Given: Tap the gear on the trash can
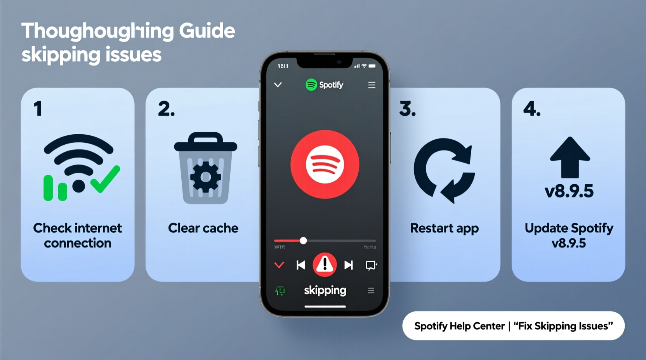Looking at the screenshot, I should pyautogui.click(x=205, y=177).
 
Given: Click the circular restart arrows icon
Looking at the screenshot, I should pyautogui.click(x=444, y=170).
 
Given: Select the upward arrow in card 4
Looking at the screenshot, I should pyautogui.click(x=570, y=157).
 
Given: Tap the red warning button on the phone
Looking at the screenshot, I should pyautogui.click(x=325, y=265).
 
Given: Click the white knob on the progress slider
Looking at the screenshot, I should pyautogui.click(x=303, y=241).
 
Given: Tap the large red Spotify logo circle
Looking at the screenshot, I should pyautogui.click(x=325, y=164).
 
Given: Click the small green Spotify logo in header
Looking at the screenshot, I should pyautogui.click(x=311, y=85).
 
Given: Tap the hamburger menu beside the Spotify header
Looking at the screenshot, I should pyautogui.click(x=372, y=85).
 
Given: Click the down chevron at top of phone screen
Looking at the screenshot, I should pyautogui.click(x=278, y=85).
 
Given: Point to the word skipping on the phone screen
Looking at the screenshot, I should pyautogui.click(x=325, y=290).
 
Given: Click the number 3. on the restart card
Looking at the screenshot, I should pyautogui.click(x=407, y=109).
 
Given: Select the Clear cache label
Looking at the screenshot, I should pyautogui.click(x=203, y=228).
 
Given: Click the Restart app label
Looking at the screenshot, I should pyautogui.click(x=444, y=228).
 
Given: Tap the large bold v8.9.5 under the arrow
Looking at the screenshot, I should pyautogui.click(x=569, y=191).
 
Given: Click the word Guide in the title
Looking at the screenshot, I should pyautogui.click(x=207, y=31).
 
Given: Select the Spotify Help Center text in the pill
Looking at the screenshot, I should pyautogui.click(x=459, y=326).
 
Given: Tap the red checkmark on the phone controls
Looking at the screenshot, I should pyautogui.click(x=279, y=265).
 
